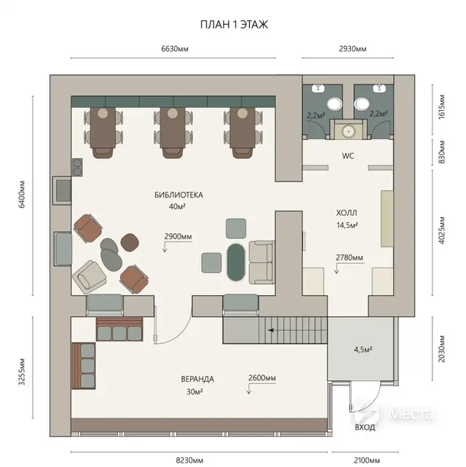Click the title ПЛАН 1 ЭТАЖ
click(234, 25)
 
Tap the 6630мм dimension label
click(175, 49)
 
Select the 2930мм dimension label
click(352, 49)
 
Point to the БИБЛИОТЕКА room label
click(178, 195)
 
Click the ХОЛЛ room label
click(347, 213)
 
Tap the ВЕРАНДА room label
click(197, 379)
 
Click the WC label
click(348, 156)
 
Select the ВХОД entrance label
click(365, 428)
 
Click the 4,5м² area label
click(363, 350)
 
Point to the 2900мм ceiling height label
click(178, 237)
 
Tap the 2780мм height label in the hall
click(349, 257)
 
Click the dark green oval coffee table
click(236, 262)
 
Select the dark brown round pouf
click(130, 242)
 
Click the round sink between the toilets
click(347, 131)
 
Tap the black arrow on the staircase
click(271, 330)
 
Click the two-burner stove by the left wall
click(77, 168)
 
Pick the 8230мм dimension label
click(189, 460)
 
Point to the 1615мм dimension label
click(441, 106)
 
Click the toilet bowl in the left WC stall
click(335, 104)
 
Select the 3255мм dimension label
click(22, 372)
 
